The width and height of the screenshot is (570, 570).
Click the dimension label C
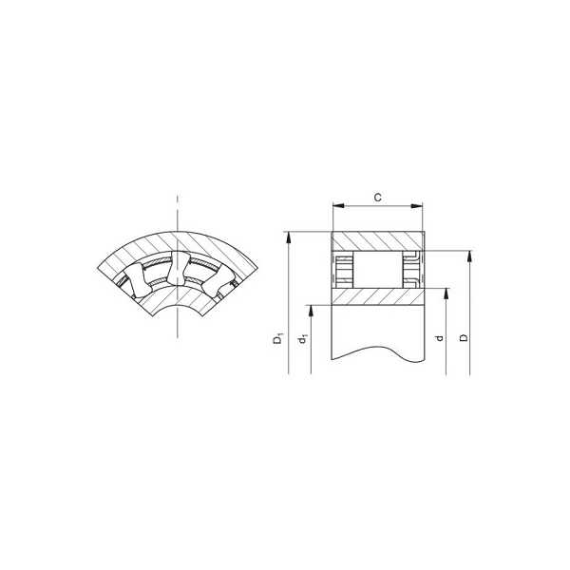(x=377, y=198)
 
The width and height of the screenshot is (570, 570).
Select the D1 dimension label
(x=277, y=336)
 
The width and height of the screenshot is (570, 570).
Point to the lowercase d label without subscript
(x=438, y=337)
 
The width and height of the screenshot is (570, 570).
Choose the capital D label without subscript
(x=464, y=337)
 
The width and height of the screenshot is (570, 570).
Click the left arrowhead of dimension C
(x=335, y=206)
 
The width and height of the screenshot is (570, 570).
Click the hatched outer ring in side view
(x=377, y=241)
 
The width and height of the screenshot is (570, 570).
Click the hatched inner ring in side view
(x=377, y=295)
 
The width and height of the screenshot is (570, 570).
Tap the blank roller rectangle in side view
(x=377, y=269)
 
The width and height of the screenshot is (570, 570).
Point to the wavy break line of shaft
(x=377, y=353)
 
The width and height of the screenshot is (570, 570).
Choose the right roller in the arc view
(x=215, y=281)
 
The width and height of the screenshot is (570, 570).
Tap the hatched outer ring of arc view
(x=177, y=237)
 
